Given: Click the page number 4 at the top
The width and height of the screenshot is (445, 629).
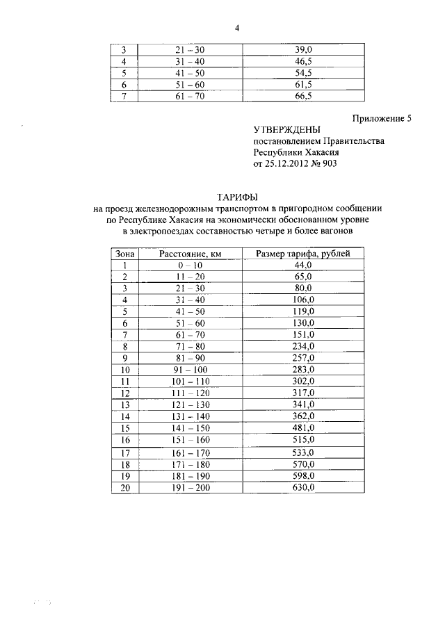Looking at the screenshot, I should point(236,28).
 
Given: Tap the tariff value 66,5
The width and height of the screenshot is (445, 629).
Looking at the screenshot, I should point(305,97).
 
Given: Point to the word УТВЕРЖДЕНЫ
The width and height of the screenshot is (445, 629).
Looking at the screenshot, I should point(287,130).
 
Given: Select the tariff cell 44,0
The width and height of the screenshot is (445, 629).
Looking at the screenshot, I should point(305,265).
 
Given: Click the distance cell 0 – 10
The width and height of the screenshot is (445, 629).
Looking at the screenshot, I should point(189,265).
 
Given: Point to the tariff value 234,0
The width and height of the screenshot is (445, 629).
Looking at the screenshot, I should point(305,346).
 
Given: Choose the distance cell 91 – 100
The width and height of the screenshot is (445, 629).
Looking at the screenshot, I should point(189,369).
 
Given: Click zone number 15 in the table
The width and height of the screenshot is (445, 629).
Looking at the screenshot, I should point(125,427).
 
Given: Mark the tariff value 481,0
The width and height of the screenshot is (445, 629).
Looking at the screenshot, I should point(305,427).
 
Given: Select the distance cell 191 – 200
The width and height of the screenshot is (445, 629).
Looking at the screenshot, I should point(189,488).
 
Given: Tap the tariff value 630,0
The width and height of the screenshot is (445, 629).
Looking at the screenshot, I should point(305,488).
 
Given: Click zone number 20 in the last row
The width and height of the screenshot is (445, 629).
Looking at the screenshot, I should point(125,488).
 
